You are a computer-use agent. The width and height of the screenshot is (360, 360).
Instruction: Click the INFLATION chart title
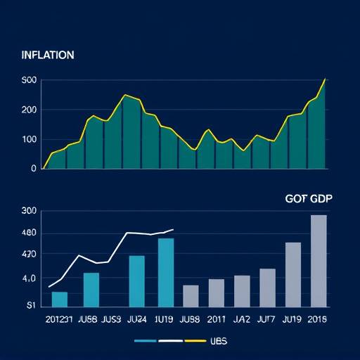point(49,55)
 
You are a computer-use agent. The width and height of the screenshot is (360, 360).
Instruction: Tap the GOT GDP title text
point(309,199)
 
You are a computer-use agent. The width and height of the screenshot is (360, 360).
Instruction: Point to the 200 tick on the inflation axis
point(29,110)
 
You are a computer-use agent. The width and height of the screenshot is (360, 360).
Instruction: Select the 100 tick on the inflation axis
point(29,139)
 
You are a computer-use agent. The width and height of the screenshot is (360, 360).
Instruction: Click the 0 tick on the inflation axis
point(32,169)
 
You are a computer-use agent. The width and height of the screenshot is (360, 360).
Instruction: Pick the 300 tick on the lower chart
point(29,211)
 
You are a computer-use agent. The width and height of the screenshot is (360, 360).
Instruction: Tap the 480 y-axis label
point(29,233)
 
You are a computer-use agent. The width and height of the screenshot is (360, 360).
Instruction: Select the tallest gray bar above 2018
point(319,260)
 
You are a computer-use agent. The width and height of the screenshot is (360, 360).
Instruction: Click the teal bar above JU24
point(136,281)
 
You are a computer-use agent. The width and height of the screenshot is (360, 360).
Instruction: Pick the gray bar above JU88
point(191,295)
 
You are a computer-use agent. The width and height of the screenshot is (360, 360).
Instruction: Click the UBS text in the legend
point(219,341)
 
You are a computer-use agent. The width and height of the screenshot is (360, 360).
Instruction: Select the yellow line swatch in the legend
point(194,341)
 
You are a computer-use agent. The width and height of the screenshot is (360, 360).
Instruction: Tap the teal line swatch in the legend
point(145,341)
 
